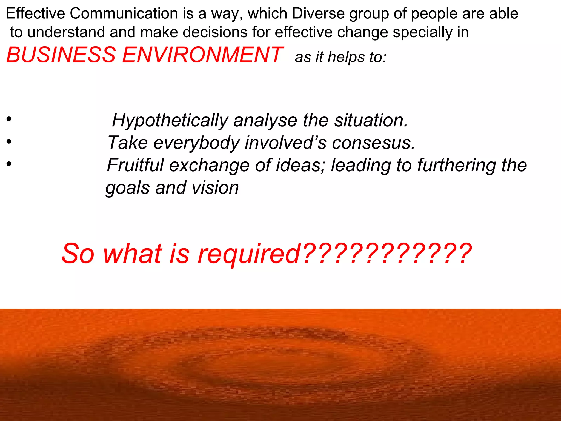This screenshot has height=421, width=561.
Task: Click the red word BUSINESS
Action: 61,55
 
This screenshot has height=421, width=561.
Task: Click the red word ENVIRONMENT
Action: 202,55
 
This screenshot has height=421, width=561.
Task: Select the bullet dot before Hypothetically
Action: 9,119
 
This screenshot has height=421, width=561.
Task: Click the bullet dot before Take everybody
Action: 9,141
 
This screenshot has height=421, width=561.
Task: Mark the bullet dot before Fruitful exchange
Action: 9,164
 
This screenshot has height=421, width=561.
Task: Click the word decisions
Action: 215,32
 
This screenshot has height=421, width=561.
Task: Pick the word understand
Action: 66,32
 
